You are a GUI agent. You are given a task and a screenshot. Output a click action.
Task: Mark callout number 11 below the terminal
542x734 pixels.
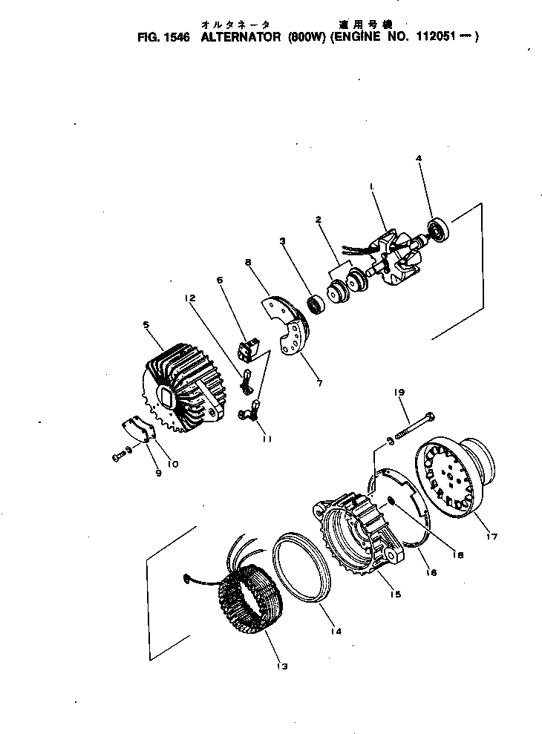click(x=267, y=439)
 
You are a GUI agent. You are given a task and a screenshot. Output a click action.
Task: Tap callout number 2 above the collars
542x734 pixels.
click(x=318, y=220)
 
